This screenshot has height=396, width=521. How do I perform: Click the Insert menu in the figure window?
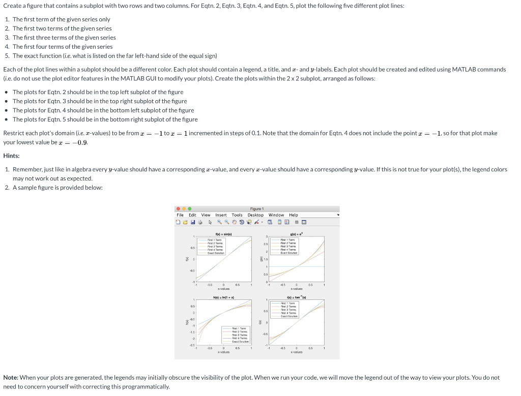(x=221, y=215)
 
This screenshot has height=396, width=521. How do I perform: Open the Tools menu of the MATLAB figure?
(x=237, y=215)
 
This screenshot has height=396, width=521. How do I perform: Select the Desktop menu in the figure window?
(x=256, y=215)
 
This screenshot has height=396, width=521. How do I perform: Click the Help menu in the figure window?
(x=294, y=215)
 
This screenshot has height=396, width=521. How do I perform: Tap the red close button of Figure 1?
(x=178, y=208)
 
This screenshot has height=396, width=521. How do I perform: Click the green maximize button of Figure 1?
(x=189, y=208)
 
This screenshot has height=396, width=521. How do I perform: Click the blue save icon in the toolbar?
(x=193, y=222)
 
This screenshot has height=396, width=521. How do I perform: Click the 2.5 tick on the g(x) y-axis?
(x=266, y=244)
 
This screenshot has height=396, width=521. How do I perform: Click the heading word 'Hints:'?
(x=12, y=156)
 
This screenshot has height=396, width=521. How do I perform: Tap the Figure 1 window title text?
(x=256, y=208)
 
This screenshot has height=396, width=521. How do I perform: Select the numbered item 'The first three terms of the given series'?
(x=64, y=38)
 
